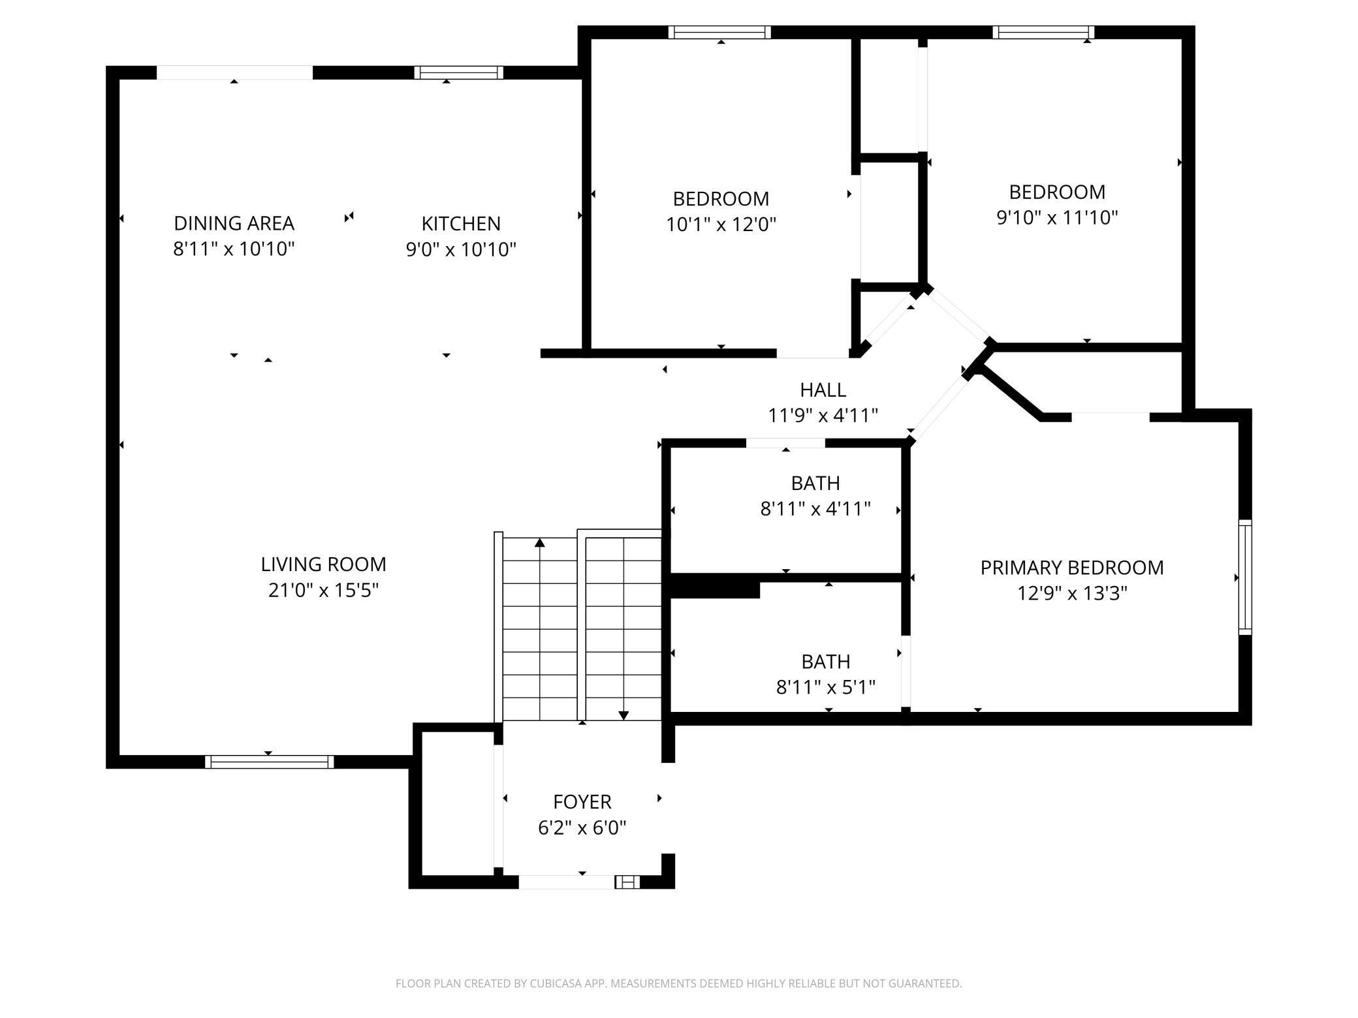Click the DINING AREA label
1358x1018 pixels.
234,223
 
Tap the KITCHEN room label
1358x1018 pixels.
461,224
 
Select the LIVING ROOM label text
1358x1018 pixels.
323,564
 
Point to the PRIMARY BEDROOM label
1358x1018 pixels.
1072,568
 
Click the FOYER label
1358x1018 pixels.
582,802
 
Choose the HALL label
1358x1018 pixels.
823,390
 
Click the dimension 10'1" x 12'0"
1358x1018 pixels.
721,224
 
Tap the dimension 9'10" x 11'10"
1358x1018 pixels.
1057,217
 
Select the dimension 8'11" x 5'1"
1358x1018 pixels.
826,687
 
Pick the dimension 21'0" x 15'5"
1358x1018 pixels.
323,590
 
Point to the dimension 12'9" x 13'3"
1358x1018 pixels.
1072,593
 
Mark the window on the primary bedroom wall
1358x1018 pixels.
1245,578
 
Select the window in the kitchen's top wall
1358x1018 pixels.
459,72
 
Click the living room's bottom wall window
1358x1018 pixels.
269,762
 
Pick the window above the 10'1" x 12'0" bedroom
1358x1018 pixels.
720,33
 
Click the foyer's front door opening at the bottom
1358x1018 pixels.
567,882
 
